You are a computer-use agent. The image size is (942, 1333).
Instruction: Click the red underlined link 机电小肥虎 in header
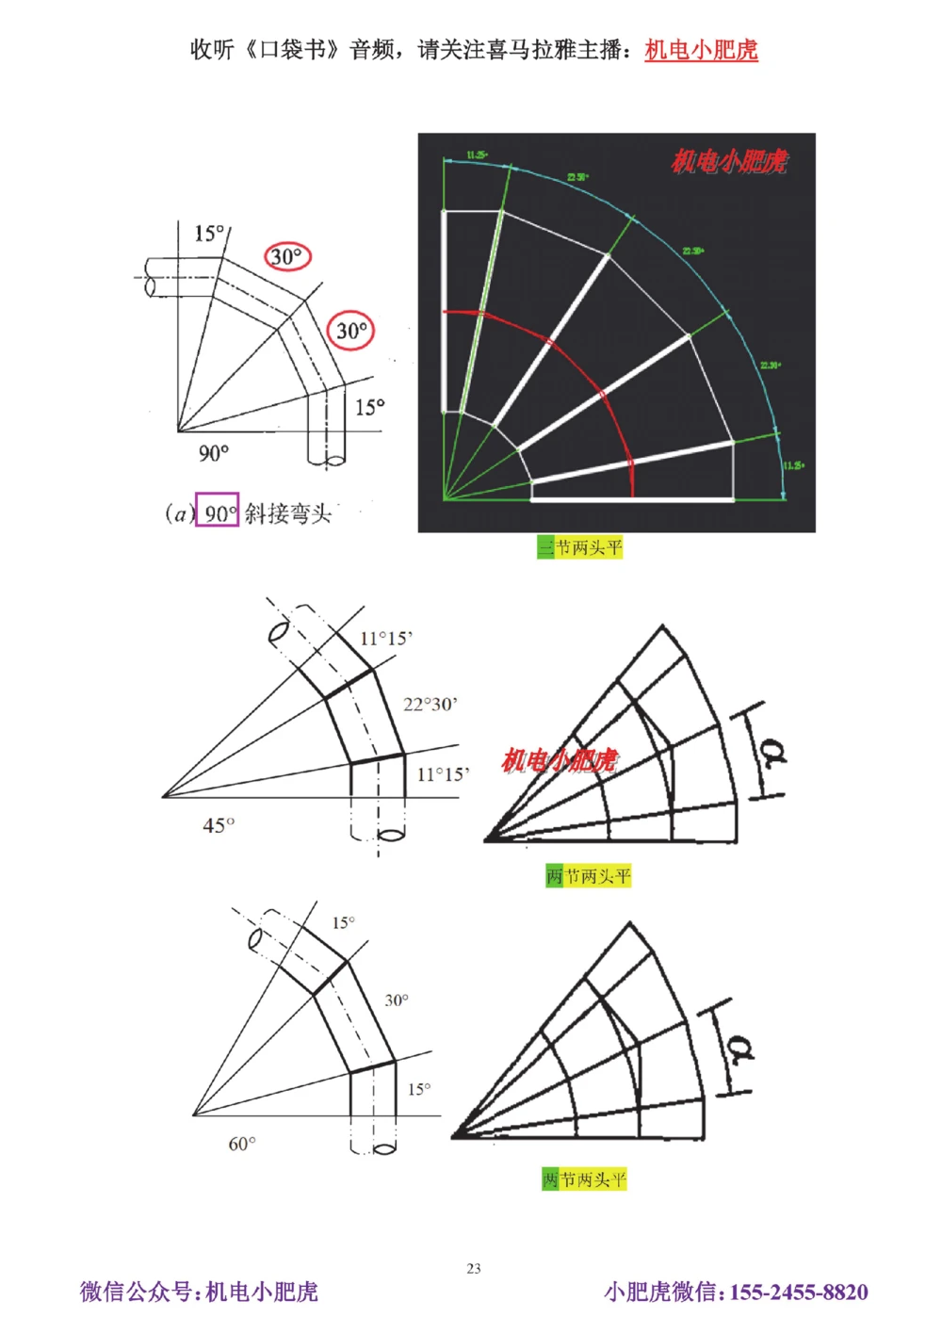tap(701, 50)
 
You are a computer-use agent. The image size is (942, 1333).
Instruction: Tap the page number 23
tap(474, 1268)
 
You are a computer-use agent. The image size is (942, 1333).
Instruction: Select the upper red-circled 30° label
tap(286, 256)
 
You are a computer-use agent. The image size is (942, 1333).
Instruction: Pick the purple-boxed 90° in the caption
tap(217, 512)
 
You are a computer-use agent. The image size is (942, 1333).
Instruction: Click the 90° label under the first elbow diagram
tap(214, 453)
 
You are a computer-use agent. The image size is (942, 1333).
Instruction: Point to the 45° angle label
tap(219, 825)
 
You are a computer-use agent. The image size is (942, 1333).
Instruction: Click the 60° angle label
tap(242, 1144)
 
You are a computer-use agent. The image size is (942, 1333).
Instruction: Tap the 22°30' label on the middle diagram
tap(430, 704)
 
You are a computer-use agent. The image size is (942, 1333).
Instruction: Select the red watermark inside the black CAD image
tap(729, 163)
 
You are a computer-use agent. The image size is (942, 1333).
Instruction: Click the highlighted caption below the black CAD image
tap(580, 547)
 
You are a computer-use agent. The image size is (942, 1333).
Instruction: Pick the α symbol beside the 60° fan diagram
tap(741, 1048)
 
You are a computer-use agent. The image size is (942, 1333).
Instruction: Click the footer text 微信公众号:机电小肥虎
tap(199, 1292)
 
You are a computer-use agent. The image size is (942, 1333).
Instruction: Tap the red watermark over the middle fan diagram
tap(560, 759)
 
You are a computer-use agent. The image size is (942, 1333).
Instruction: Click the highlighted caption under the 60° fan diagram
tap(584, 1179)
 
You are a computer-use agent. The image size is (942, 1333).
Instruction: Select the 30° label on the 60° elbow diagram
tap(397, 1000)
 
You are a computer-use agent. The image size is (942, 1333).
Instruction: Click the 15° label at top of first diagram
tap(209, 234)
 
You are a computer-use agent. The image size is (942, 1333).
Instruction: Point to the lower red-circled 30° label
tap(351, 331)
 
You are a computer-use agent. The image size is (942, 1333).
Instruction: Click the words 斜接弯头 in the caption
tap(288, 513)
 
